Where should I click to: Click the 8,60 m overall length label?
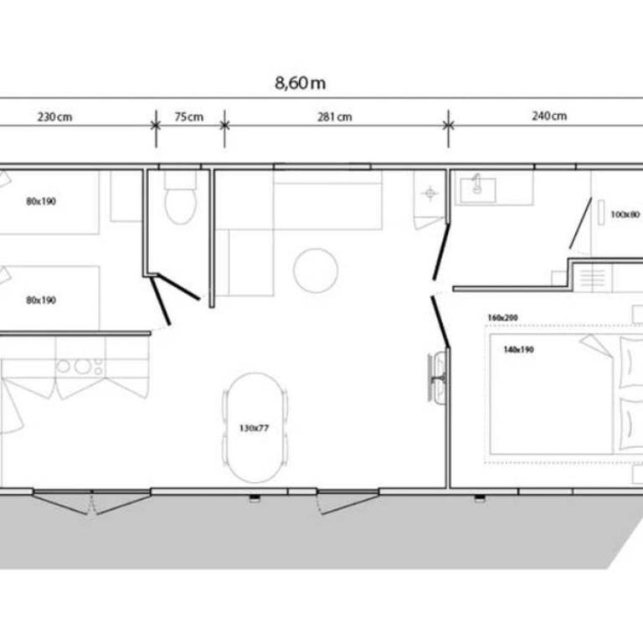coord(301,83)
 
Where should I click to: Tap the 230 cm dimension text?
coord(54,117)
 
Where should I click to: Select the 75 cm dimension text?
coord(188,117)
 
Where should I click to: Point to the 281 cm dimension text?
coord(335,117)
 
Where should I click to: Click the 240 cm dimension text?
coord(549,116)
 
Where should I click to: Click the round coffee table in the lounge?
coord(316,270)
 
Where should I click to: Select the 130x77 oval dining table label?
coord(254,428)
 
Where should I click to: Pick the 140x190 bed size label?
coord(518,349)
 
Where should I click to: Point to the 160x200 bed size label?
coord(502,317)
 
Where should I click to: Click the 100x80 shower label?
coord(625,214)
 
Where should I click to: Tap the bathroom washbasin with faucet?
coord(478,190)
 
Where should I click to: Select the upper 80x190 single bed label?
coord(41,201)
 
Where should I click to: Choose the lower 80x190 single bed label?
coord(41,301)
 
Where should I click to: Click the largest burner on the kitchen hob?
coord(82,366)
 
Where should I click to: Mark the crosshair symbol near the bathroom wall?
coord(430,193)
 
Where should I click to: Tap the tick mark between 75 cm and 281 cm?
coord(224,126)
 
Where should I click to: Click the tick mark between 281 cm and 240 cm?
coord(448,126)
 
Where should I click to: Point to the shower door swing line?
coord(580,223)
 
